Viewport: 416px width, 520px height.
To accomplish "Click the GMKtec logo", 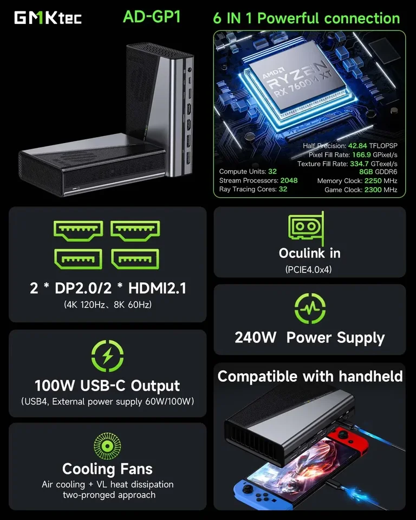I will (48, 17).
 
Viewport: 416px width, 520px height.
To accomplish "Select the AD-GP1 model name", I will (152, 17).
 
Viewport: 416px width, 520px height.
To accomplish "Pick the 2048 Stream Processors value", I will (289, 180).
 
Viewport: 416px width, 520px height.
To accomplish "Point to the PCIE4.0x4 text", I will (309, 269).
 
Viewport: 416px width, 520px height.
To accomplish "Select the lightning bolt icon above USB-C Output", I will (107, 357).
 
